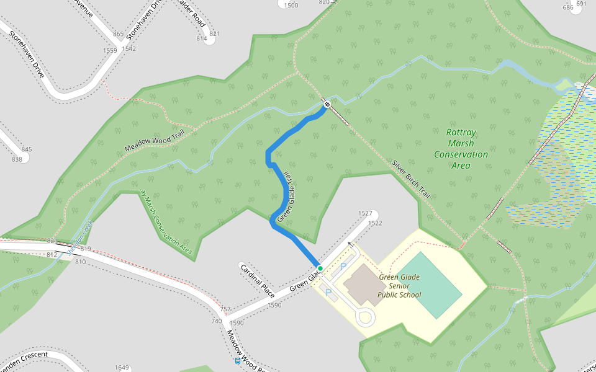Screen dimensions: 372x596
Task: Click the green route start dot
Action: [x=320, y=268]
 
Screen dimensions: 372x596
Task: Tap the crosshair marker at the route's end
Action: [x=327, y=104]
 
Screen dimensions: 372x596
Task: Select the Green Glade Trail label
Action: [x=286, y=197]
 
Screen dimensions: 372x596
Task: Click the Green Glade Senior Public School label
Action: [x=400, y=286]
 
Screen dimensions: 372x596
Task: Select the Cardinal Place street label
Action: [x=258, y=280]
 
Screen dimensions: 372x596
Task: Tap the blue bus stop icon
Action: [x=237, y=360]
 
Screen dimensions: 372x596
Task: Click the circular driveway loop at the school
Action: [x=364, y=318]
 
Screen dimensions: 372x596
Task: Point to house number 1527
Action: [x=365, y=213]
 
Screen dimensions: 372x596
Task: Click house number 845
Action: [x=26, y=149]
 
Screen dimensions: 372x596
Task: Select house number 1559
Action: [x=110, y=50]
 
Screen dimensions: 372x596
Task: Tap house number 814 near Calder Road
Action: [x=201, y=38]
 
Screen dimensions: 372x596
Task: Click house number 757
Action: [x=225, y=309]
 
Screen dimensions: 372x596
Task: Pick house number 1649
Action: [x=122, y=368]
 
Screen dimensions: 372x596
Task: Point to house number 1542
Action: [x=129, y=48]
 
